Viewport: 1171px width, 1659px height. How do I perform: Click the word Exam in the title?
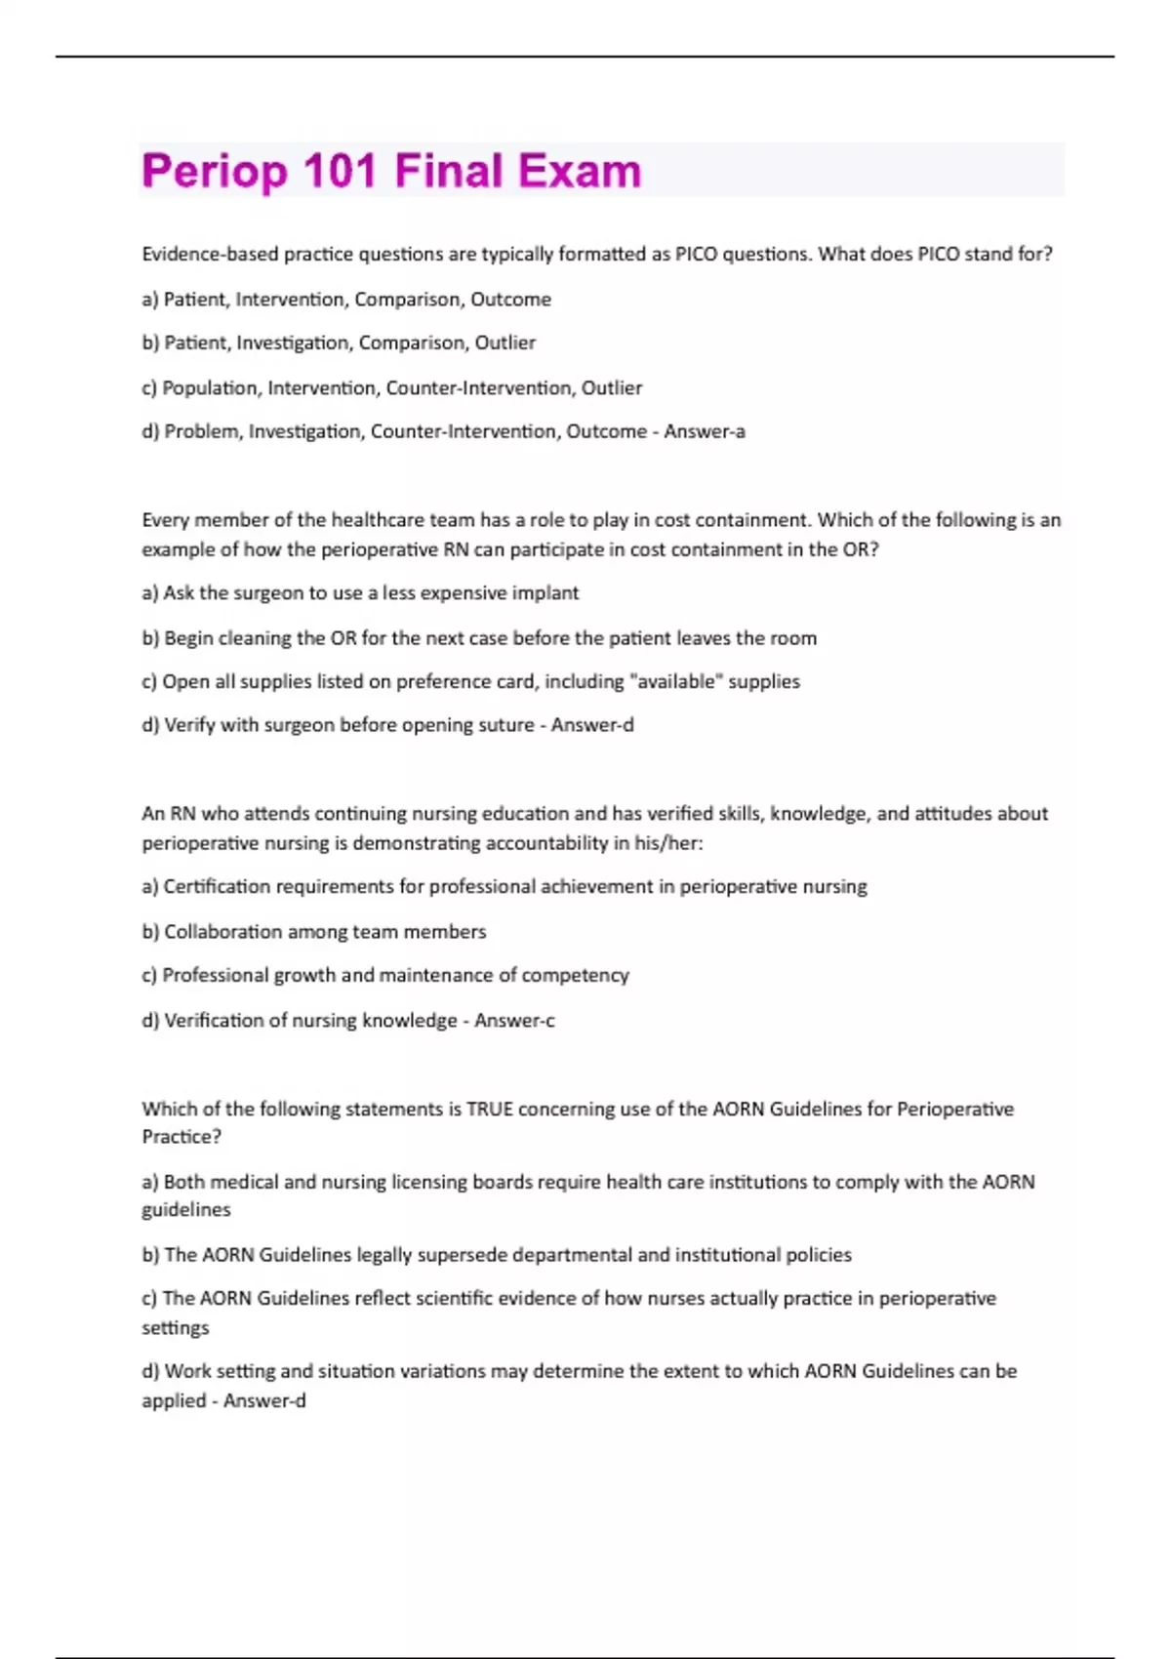580,171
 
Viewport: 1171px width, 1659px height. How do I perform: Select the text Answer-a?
705,431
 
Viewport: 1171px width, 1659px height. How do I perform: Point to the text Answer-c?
514,1020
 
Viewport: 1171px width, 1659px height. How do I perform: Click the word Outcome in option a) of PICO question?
510,300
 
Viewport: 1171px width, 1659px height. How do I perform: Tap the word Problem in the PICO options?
202,431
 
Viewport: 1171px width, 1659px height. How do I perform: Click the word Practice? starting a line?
182,1137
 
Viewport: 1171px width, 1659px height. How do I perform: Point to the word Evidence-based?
210,255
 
